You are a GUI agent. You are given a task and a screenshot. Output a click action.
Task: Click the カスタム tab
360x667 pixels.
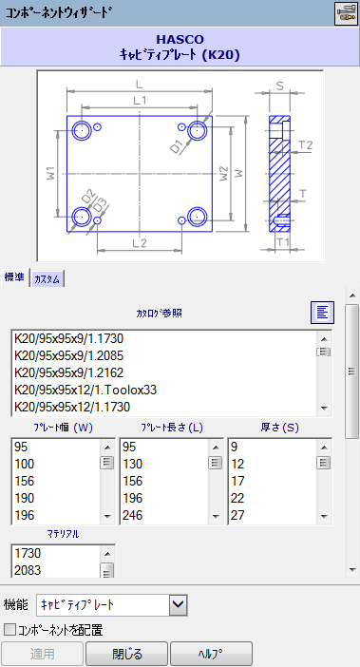pyautogui.click(x=48, y=279)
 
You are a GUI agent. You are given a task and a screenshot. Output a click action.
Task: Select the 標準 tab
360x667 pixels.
pyautogui.click(x=15, y=277)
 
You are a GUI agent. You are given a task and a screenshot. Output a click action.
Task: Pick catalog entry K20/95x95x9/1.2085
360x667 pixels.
pyautogui.click(x=68, y=355)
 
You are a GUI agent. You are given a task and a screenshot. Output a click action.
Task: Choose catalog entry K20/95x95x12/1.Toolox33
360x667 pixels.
pyautogui.click(x=85, y=390)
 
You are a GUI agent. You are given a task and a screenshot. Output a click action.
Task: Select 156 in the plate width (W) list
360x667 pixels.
pyautogui.click(x=25, y=481)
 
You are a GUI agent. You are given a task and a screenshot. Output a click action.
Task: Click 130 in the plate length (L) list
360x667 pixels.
pyautogui.click(x=133, y=464)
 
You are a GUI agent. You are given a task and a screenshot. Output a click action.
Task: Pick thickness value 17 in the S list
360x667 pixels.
pyautogui.click(x=237, y=481)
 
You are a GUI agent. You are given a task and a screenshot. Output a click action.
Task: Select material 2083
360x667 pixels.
pyautogui.click(x=28, y=570)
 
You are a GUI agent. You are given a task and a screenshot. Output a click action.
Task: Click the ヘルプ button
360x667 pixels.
pyautogui.click(x=211, y=654)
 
